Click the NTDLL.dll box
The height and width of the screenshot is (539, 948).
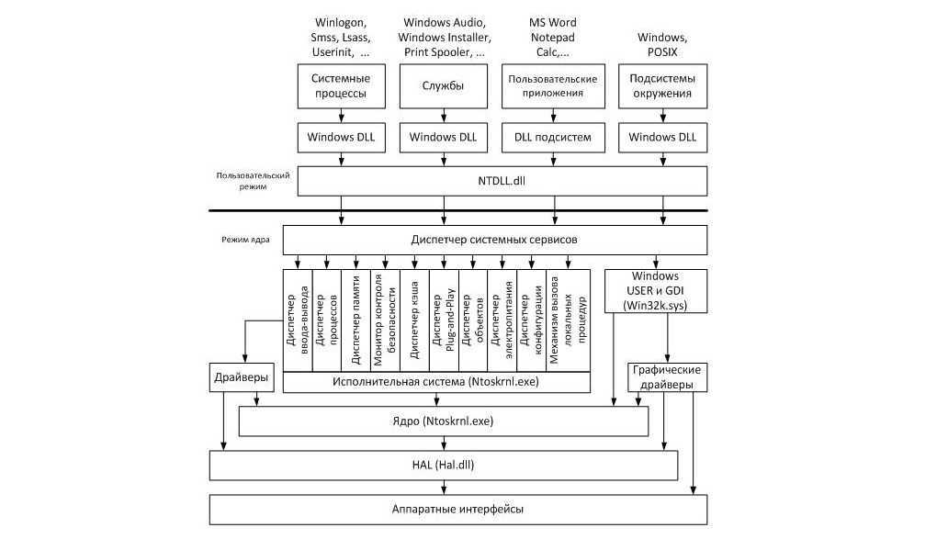tap(502, 180)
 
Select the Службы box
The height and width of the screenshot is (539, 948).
tap(443, 85)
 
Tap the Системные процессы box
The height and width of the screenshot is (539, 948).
tap(340, 85)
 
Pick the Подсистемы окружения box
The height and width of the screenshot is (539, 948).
tap(661, 85)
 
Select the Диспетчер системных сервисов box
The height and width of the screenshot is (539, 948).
tap(495, 241)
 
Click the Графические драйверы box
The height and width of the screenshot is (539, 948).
tap(668, 377)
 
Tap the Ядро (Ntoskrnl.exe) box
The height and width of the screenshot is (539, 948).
tap(444, 421)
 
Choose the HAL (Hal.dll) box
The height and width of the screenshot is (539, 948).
tap(444, 465)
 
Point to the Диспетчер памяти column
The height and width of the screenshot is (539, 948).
tap(355, 320)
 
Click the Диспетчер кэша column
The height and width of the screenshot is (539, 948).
tap(415, 320)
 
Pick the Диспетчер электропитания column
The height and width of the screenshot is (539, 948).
tap(502, 320)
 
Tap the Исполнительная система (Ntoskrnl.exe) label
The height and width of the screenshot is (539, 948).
tap(436, 381)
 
